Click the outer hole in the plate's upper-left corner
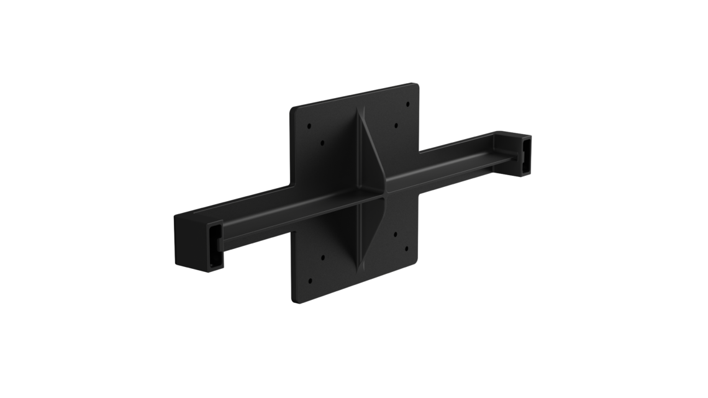coord(309,125)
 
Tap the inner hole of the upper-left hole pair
coord(322,142)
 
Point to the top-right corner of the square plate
coord(419,85)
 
